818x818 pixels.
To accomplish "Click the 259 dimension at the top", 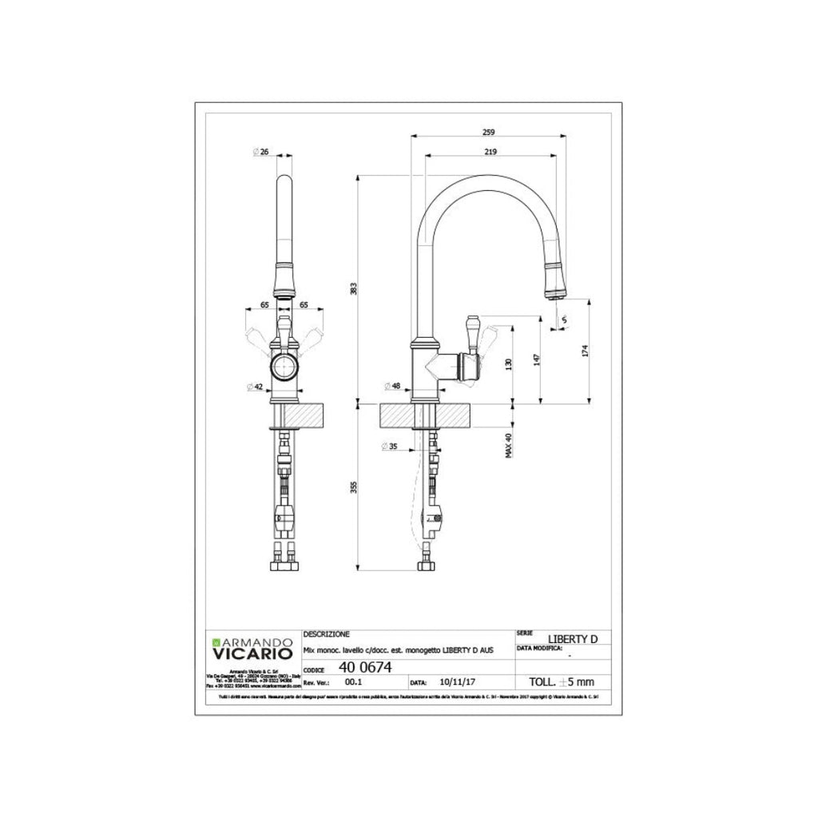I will coord(489,132).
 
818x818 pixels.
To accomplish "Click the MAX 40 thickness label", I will coord(508,444).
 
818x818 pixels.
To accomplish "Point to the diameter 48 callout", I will coord(394,387).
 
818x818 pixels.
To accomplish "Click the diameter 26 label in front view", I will coord(261,152).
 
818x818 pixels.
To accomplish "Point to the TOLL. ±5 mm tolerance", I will coord(562,683).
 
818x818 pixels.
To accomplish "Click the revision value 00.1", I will coord(352,684).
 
